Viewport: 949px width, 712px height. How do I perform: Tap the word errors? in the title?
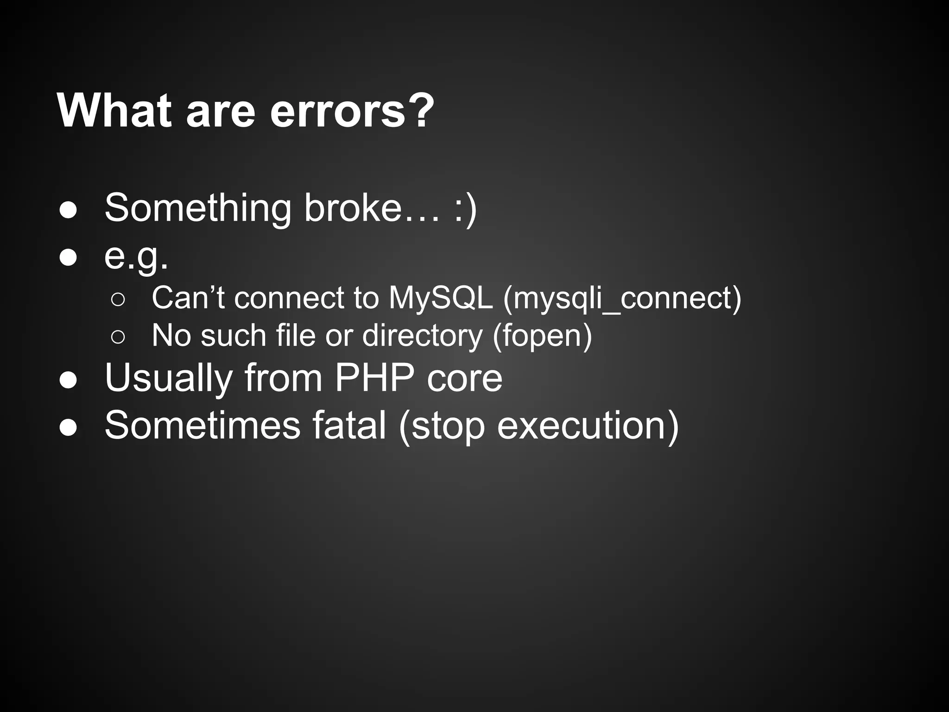tap(352, 112)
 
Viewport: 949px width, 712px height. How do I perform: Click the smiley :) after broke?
tap(465, 208)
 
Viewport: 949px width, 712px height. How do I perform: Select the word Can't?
tap(188, 298)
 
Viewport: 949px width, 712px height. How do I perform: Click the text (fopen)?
tap(542, 335)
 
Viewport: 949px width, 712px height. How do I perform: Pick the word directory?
tap(422, 335)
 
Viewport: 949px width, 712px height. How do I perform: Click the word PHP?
tap(374, 378)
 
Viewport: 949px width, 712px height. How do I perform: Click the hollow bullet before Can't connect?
tap(118, 300)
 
